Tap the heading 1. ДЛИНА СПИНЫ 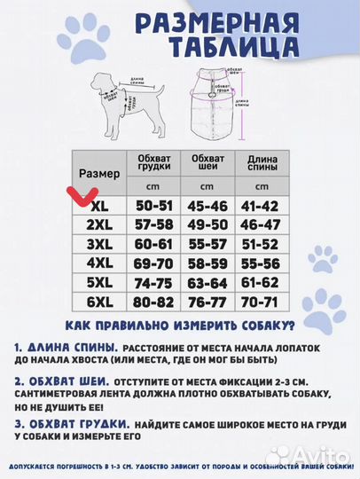click(x=67, y=347)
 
